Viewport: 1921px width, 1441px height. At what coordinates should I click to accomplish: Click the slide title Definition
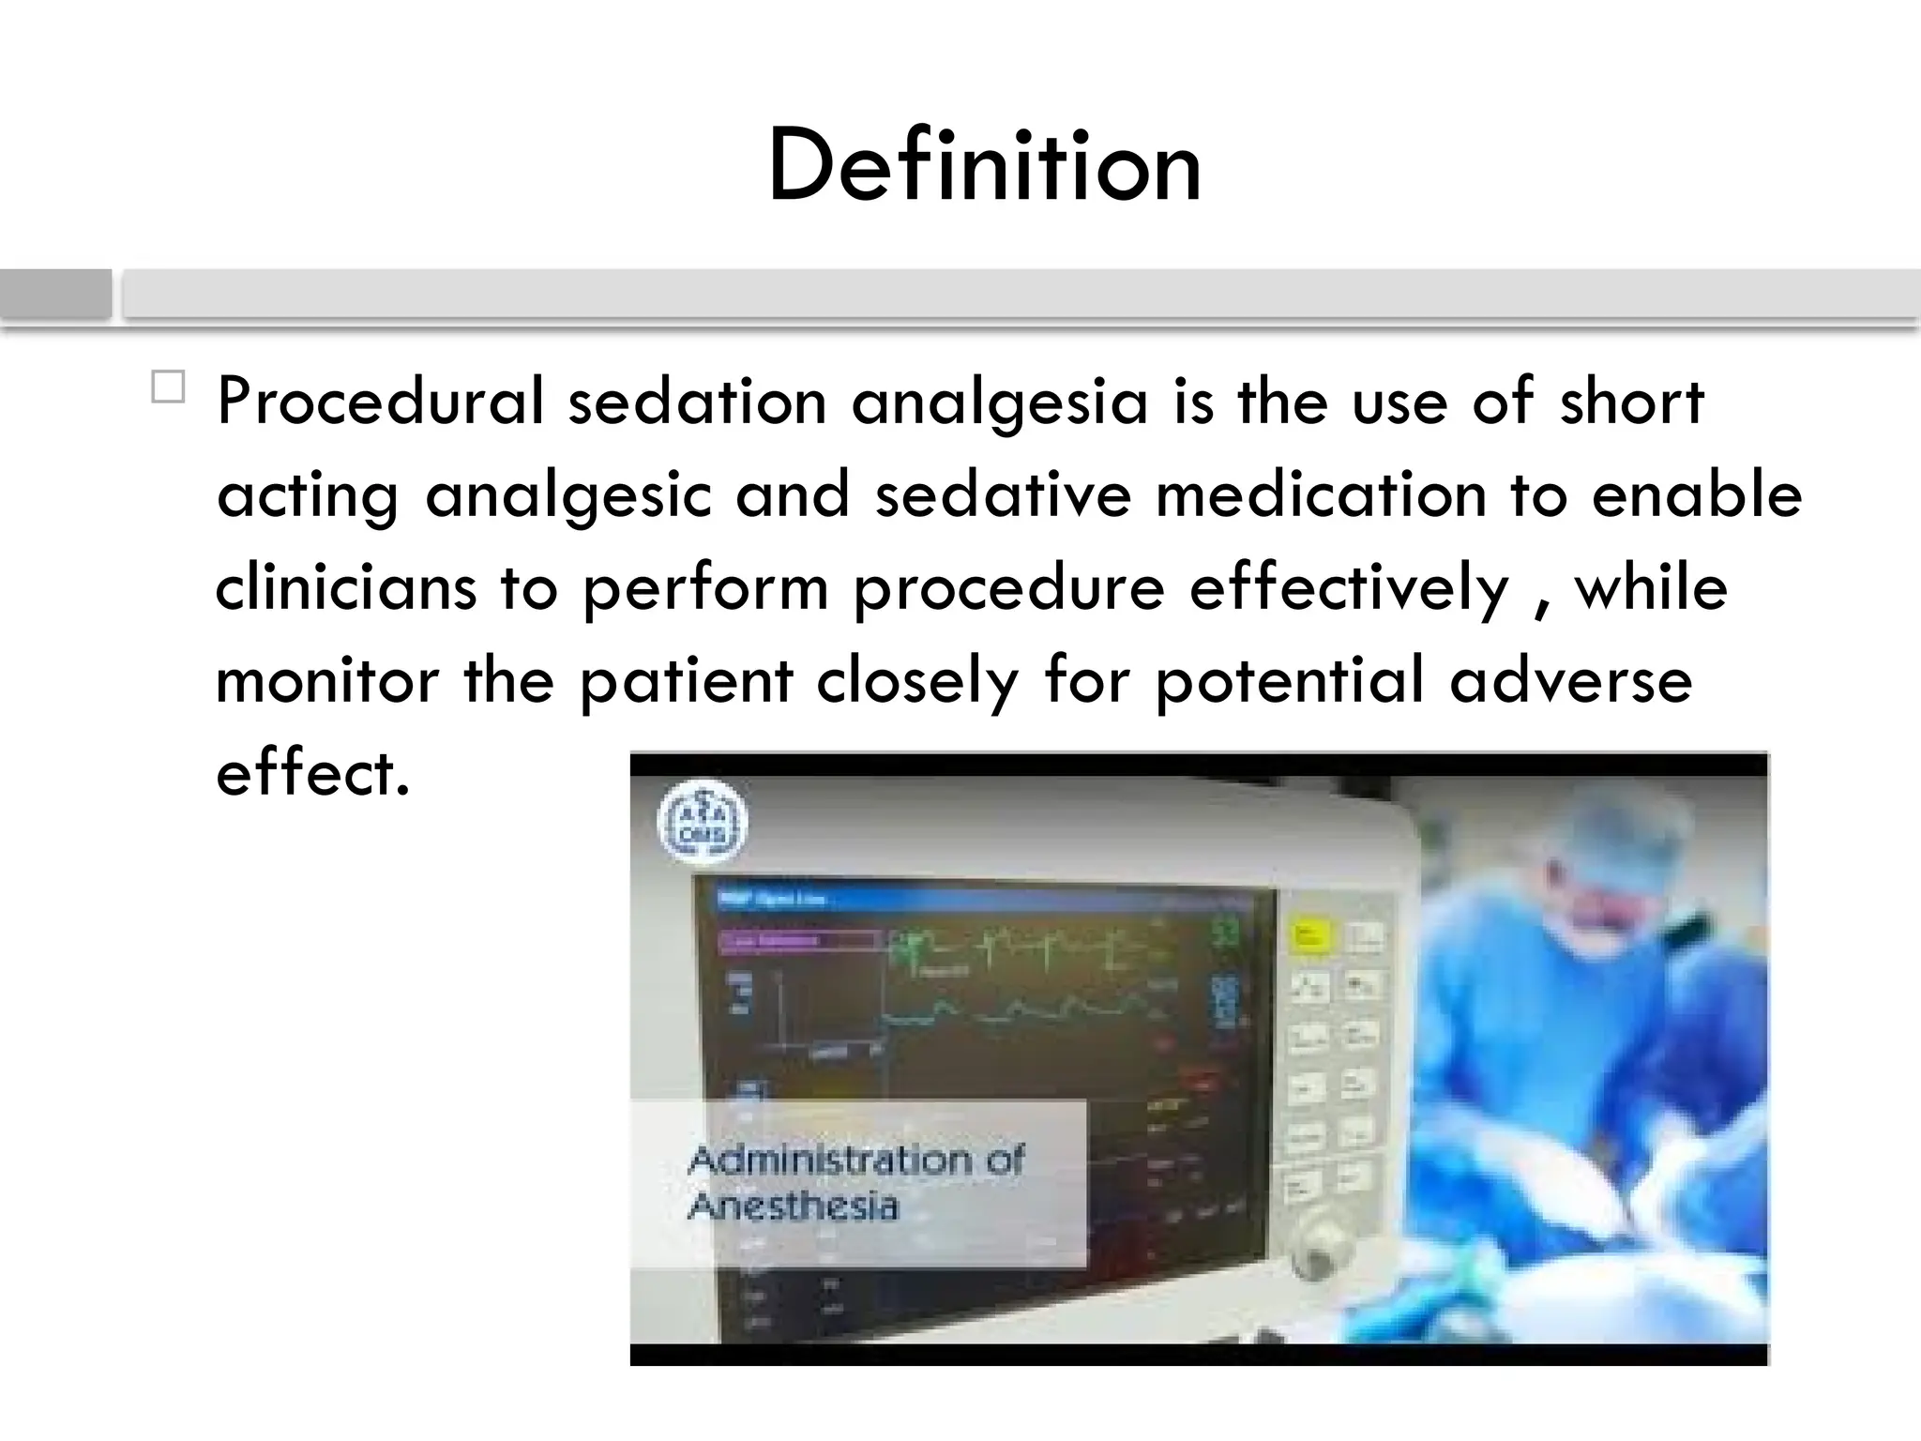[984, 167]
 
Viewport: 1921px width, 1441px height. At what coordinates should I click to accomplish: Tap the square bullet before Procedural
[168, 387]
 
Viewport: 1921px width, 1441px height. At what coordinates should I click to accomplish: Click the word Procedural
[380, 402]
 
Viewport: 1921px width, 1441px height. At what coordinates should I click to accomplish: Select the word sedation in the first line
[697, 402]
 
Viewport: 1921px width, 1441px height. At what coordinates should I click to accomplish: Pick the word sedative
[1003, 494]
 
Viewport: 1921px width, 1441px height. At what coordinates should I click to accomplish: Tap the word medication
[1321, 494]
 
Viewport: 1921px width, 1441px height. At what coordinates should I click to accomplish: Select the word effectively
[1350, 589]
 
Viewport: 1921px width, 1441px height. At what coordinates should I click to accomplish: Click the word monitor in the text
[327, 680]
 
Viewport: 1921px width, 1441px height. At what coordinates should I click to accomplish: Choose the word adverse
[1570, 680]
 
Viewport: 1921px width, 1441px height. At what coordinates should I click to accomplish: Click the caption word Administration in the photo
[855, 1161]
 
